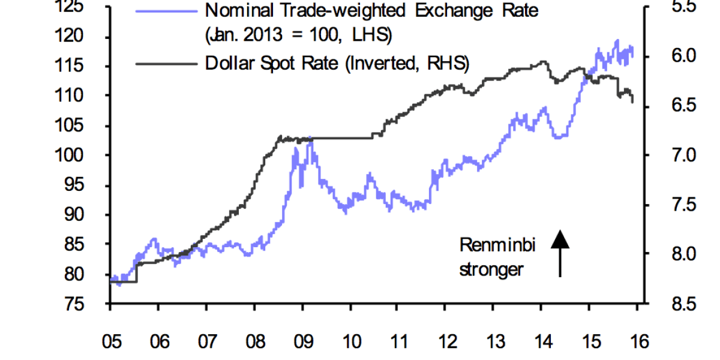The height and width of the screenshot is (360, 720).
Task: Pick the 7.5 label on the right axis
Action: click(668, 205)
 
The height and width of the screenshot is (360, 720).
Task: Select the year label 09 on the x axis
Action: click(301, 342)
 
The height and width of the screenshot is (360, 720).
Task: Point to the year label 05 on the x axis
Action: click(110, 342)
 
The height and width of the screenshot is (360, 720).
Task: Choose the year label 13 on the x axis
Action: click(493, 342)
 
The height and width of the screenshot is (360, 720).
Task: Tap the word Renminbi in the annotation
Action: click(497, 245)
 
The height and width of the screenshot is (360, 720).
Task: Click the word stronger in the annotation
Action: click(491, 269)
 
